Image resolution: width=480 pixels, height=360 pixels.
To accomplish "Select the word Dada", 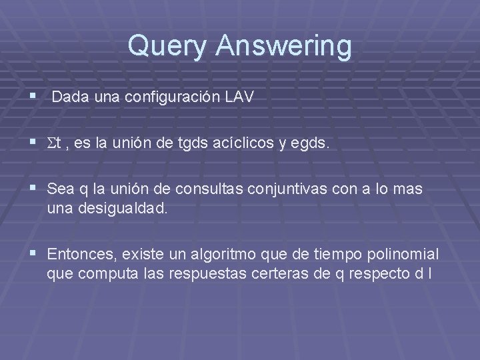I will (x=71, y=97).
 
